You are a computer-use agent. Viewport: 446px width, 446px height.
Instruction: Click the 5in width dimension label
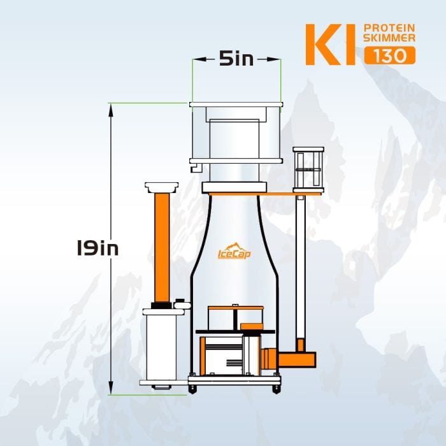pyautogui.click(x=236, y=59)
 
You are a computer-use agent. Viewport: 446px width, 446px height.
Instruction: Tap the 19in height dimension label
pyautogui.click(x=94, y=248)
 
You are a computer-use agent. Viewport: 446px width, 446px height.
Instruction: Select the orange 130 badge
pyautogui.click(x=390, y=55)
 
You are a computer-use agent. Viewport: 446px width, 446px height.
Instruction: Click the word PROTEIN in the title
pyautogui.click(x=389, y=29)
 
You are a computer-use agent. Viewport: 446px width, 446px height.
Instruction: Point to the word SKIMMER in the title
pyautogui.click(x=389, y=40)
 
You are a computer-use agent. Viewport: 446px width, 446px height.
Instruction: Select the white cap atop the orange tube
pyautogui.click(x=162, y=187)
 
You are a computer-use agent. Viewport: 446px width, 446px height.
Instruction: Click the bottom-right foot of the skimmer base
pyautogui.click(x=276, y=388)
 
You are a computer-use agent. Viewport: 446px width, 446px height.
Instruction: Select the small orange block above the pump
pyautogui.click(x=252, y=326)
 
